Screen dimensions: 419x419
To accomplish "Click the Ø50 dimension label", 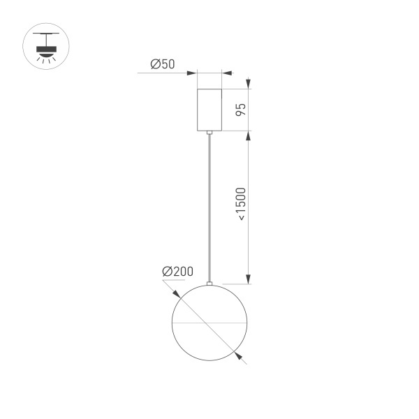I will click(x=162, y=65).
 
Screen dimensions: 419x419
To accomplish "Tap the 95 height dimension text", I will click(x=239, y=110).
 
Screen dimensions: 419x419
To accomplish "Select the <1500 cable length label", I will click(x=240, y=205).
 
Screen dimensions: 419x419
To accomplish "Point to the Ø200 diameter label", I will click(x=177, y=271).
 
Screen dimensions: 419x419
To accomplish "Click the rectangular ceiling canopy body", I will click(x=209, y=110).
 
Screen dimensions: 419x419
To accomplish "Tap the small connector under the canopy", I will click(x=209, y=133).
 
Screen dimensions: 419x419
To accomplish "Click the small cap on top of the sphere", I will click(x=209, y=283).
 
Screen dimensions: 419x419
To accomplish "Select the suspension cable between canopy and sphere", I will click(x=209, y=209).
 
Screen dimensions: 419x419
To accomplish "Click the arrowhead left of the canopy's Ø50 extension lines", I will click(x=192, y=72).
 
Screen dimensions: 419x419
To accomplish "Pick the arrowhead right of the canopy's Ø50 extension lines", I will click(x=227, y=72).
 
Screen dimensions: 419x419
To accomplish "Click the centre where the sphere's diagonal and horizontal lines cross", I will click(x=209, y=325).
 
